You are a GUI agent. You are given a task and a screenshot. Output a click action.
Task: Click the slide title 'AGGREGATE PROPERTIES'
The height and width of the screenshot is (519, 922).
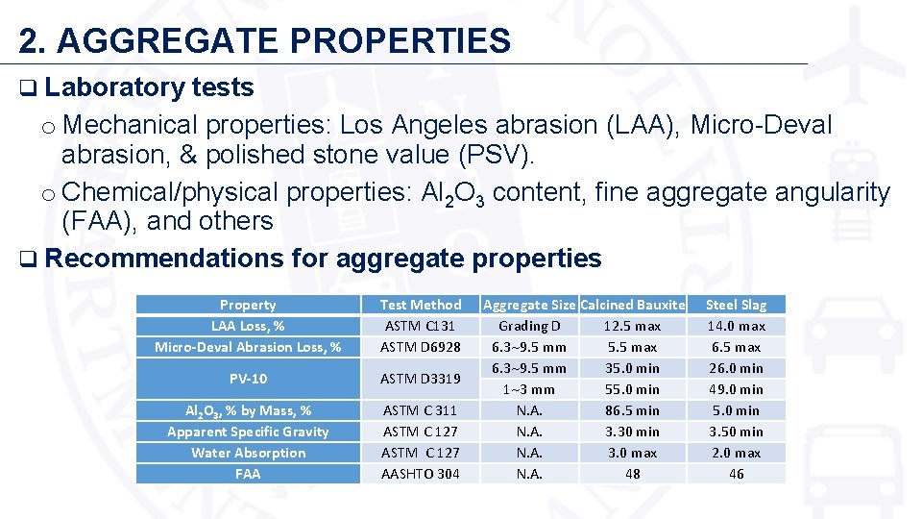click(x=283, y=40)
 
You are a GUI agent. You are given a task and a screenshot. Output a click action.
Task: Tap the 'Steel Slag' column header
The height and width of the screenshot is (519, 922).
click(x=736, y=305)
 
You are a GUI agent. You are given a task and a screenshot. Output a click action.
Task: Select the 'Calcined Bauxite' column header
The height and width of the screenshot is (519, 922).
click(x=633, y=305)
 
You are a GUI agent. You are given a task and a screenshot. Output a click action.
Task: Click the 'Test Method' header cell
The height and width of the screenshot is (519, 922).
click(x=421, y=305)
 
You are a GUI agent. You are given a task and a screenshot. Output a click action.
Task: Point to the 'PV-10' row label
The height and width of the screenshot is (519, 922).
click(x=248, y=379)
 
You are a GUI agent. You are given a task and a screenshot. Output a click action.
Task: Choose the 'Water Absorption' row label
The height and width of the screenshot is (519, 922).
click(x=248, y=453)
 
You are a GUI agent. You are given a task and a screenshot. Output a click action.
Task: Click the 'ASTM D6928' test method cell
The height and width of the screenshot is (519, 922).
click(x=421, y=347)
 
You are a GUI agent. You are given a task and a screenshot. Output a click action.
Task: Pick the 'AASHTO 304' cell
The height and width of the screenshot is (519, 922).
click(x=421, y=474)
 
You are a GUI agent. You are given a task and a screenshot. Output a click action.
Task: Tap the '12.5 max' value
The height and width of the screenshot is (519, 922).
click(x=633, y=326)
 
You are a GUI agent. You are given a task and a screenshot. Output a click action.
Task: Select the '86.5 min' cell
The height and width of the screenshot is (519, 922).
click(x=633, y=410)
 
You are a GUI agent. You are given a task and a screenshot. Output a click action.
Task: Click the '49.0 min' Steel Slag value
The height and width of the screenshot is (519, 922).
click(x=736, y=389)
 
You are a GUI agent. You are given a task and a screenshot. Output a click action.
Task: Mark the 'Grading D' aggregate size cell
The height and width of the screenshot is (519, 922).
click(x=528, y=326)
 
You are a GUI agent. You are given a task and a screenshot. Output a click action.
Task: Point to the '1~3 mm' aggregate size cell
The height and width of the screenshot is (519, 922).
click(x=528, y=389)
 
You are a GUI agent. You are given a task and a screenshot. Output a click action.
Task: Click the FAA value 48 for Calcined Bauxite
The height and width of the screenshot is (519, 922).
click(x=633, y=474)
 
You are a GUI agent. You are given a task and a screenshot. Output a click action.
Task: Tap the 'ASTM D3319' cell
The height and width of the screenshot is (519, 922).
click(x=421, y=379)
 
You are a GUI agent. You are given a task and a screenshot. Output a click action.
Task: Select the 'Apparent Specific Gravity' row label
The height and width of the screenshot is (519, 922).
click(x=248, y=432)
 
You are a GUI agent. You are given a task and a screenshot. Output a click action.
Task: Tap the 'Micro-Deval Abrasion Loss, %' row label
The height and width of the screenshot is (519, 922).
click(x=248, y=347)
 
